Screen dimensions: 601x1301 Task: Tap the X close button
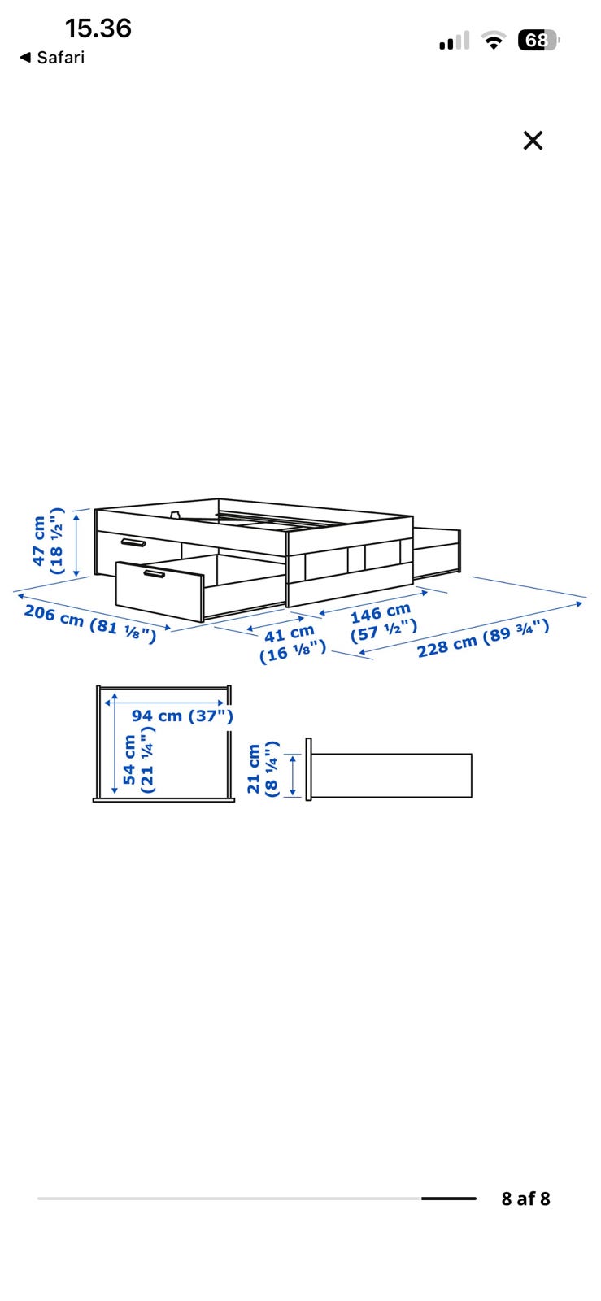click(x=533, y=141)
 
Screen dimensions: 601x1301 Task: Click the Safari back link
click(x=52, y=58)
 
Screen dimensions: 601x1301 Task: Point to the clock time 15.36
click(x=98, y=28)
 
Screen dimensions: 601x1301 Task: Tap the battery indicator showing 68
click(x=538, y=40)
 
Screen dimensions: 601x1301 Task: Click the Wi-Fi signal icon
click(x=494, y=40)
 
